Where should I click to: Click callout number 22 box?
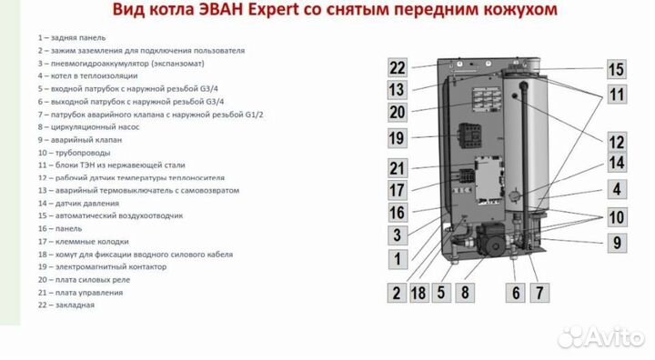click(x=397, y=67)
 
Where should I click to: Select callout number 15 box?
click(x=617, y=70)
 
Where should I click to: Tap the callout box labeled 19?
click(x=397, y=138)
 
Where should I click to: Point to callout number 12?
click(x=617, y=142)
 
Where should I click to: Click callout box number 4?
click(x=617, y=189)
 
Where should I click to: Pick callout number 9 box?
click(x=617, y=243)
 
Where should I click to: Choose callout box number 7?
click(x=539, y=293)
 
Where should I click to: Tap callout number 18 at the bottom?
click(x=418, y=293)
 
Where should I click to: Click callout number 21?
click(x=397, y=168)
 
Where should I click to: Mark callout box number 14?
click(x=617, y=164)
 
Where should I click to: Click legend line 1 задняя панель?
click(x=72, y=37)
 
